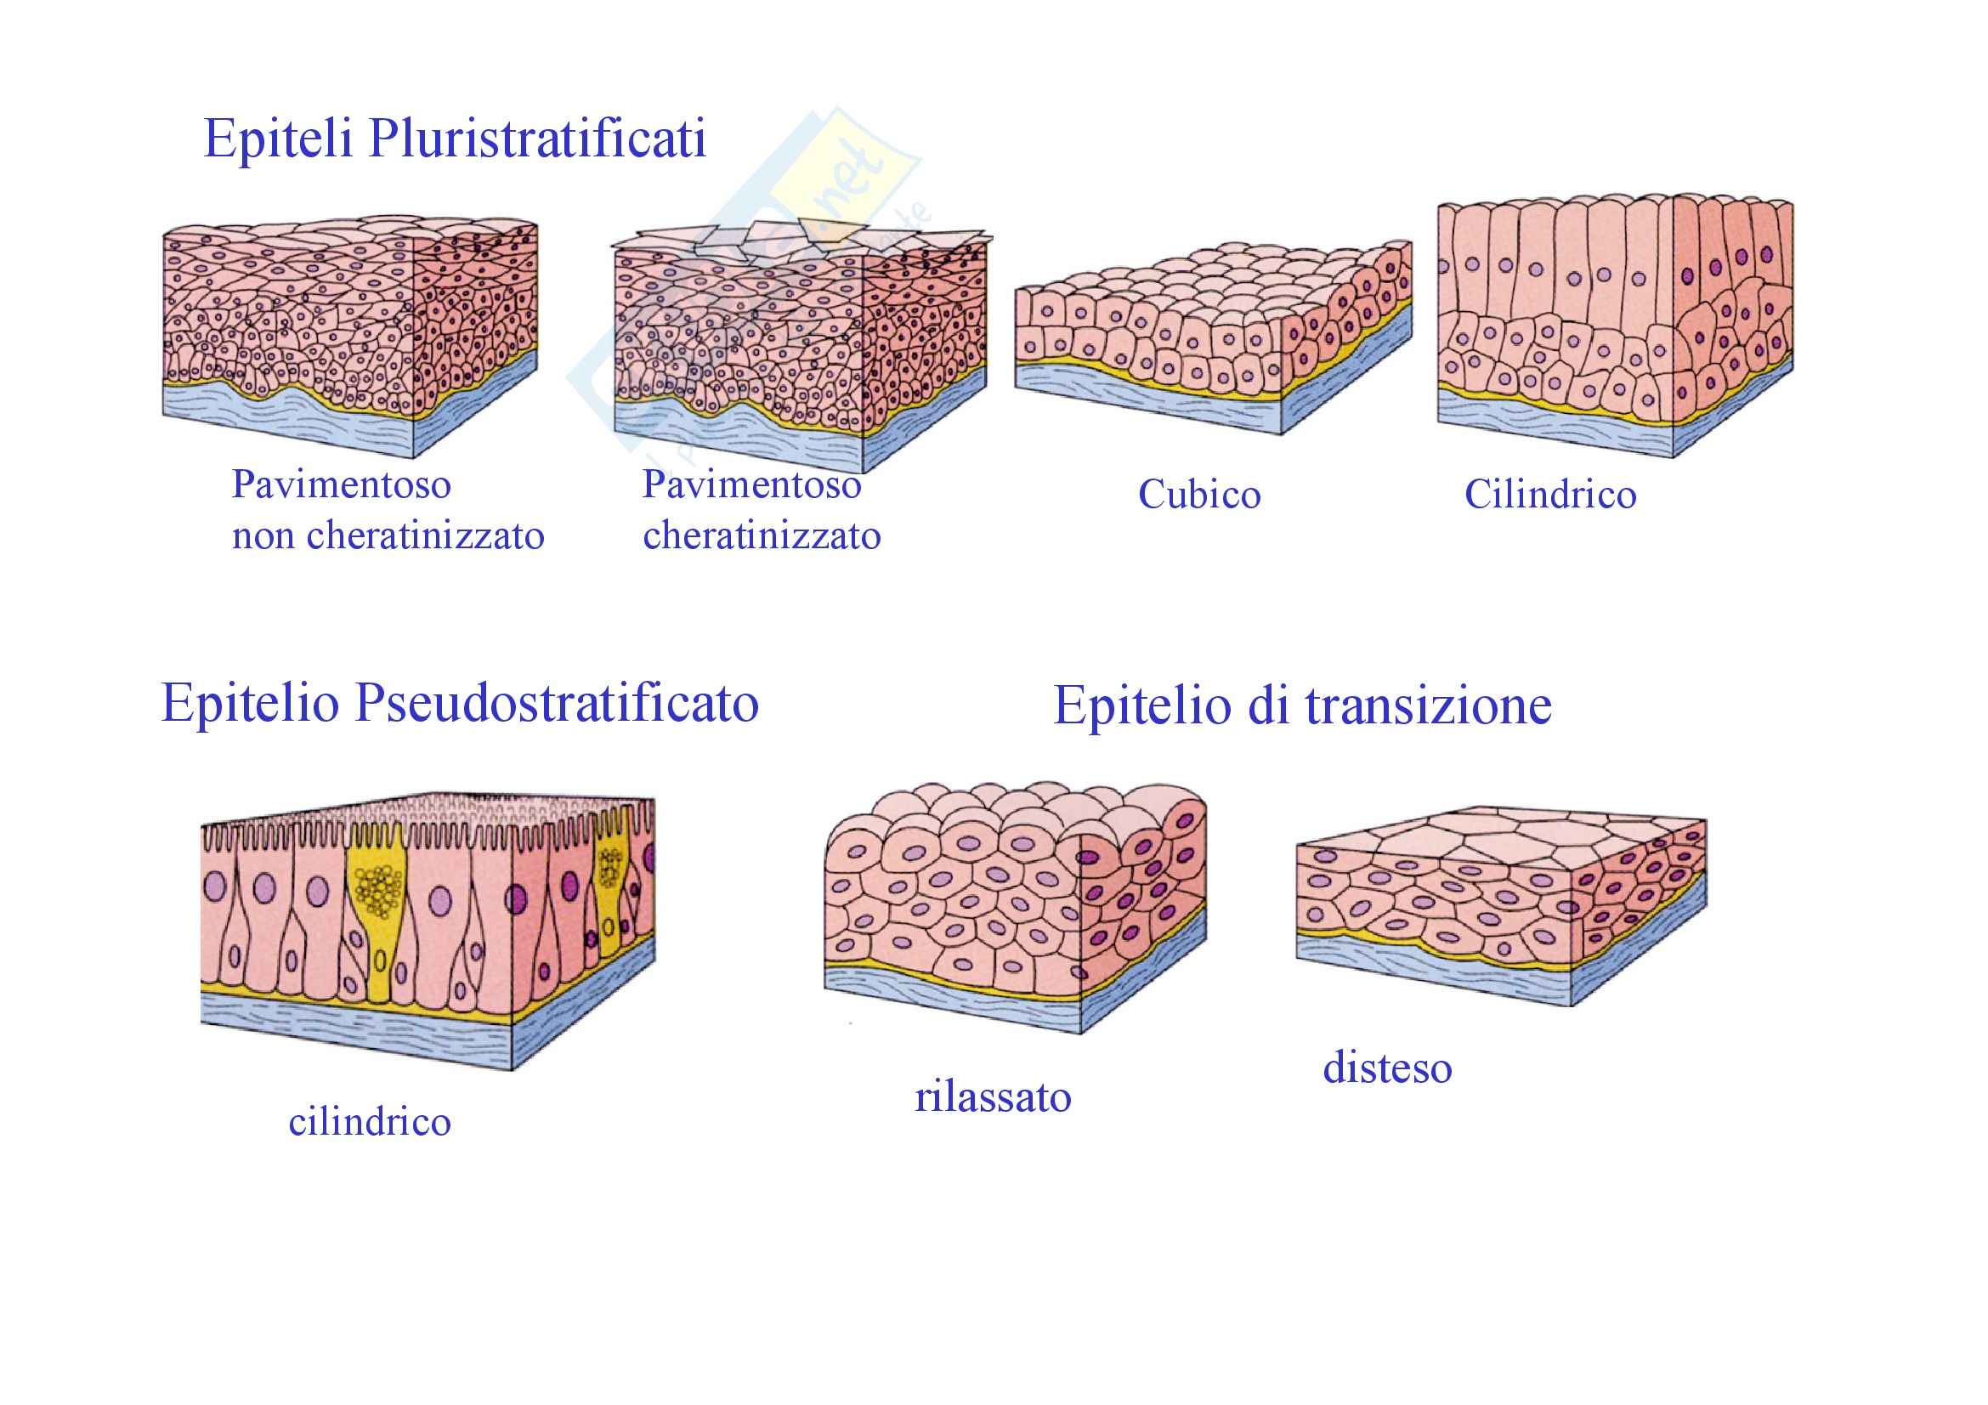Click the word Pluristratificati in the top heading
pyautogui.click(x=537, y=139)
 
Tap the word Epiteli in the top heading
pyautogui.click(x=277, y=139)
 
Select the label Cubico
pyautogui.click(x=1199, y=496)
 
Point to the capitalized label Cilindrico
pyautogui.click(x=1550, y=496)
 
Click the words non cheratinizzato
pyautogui.click(x=388, y=535)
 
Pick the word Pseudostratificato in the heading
pyautogui.click(x=557, y=703)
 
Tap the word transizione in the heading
pyautogui.click(x=1428, y=705)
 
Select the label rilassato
pyautogui.click(x=993, y=1097)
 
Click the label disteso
pyautogui.click(x=1387, y=1068)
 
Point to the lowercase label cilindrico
pyautogui.click(x=370, y=1123)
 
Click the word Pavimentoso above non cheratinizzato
pyautogui.click(x=341, y=484)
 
